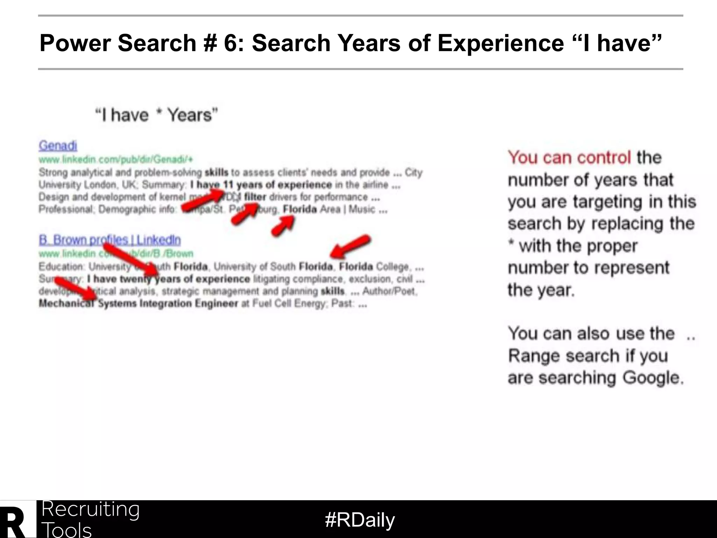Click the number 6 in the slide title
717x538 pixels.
[x=230, y=43]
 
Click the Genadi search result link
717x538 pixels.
[x=58, y=145]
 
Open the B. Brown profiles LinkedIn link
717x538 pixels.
[x=110, y=240]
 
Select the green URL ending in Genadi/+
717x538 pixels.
[x=116, y=160]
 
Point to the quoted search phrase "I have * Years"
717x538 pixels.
[x=156, y=115]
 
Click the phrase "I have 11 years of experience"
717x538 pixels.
[x=261, y=185]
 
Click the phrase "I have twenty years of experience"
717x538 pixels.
[x=168, y=279]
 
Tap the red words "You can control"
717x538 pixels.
[x=569, y=158]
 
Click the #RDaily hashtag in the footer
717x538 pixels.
[x=360, y=520]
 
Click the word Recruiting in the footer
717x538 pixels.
[x=91, y=509]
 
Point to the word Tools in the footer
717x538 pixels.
[x=67, y=530]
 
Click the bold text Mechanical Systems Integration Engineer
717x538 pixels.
[x=138, y=303]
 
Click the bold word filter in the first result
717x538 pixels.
[x=255, y=197]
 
